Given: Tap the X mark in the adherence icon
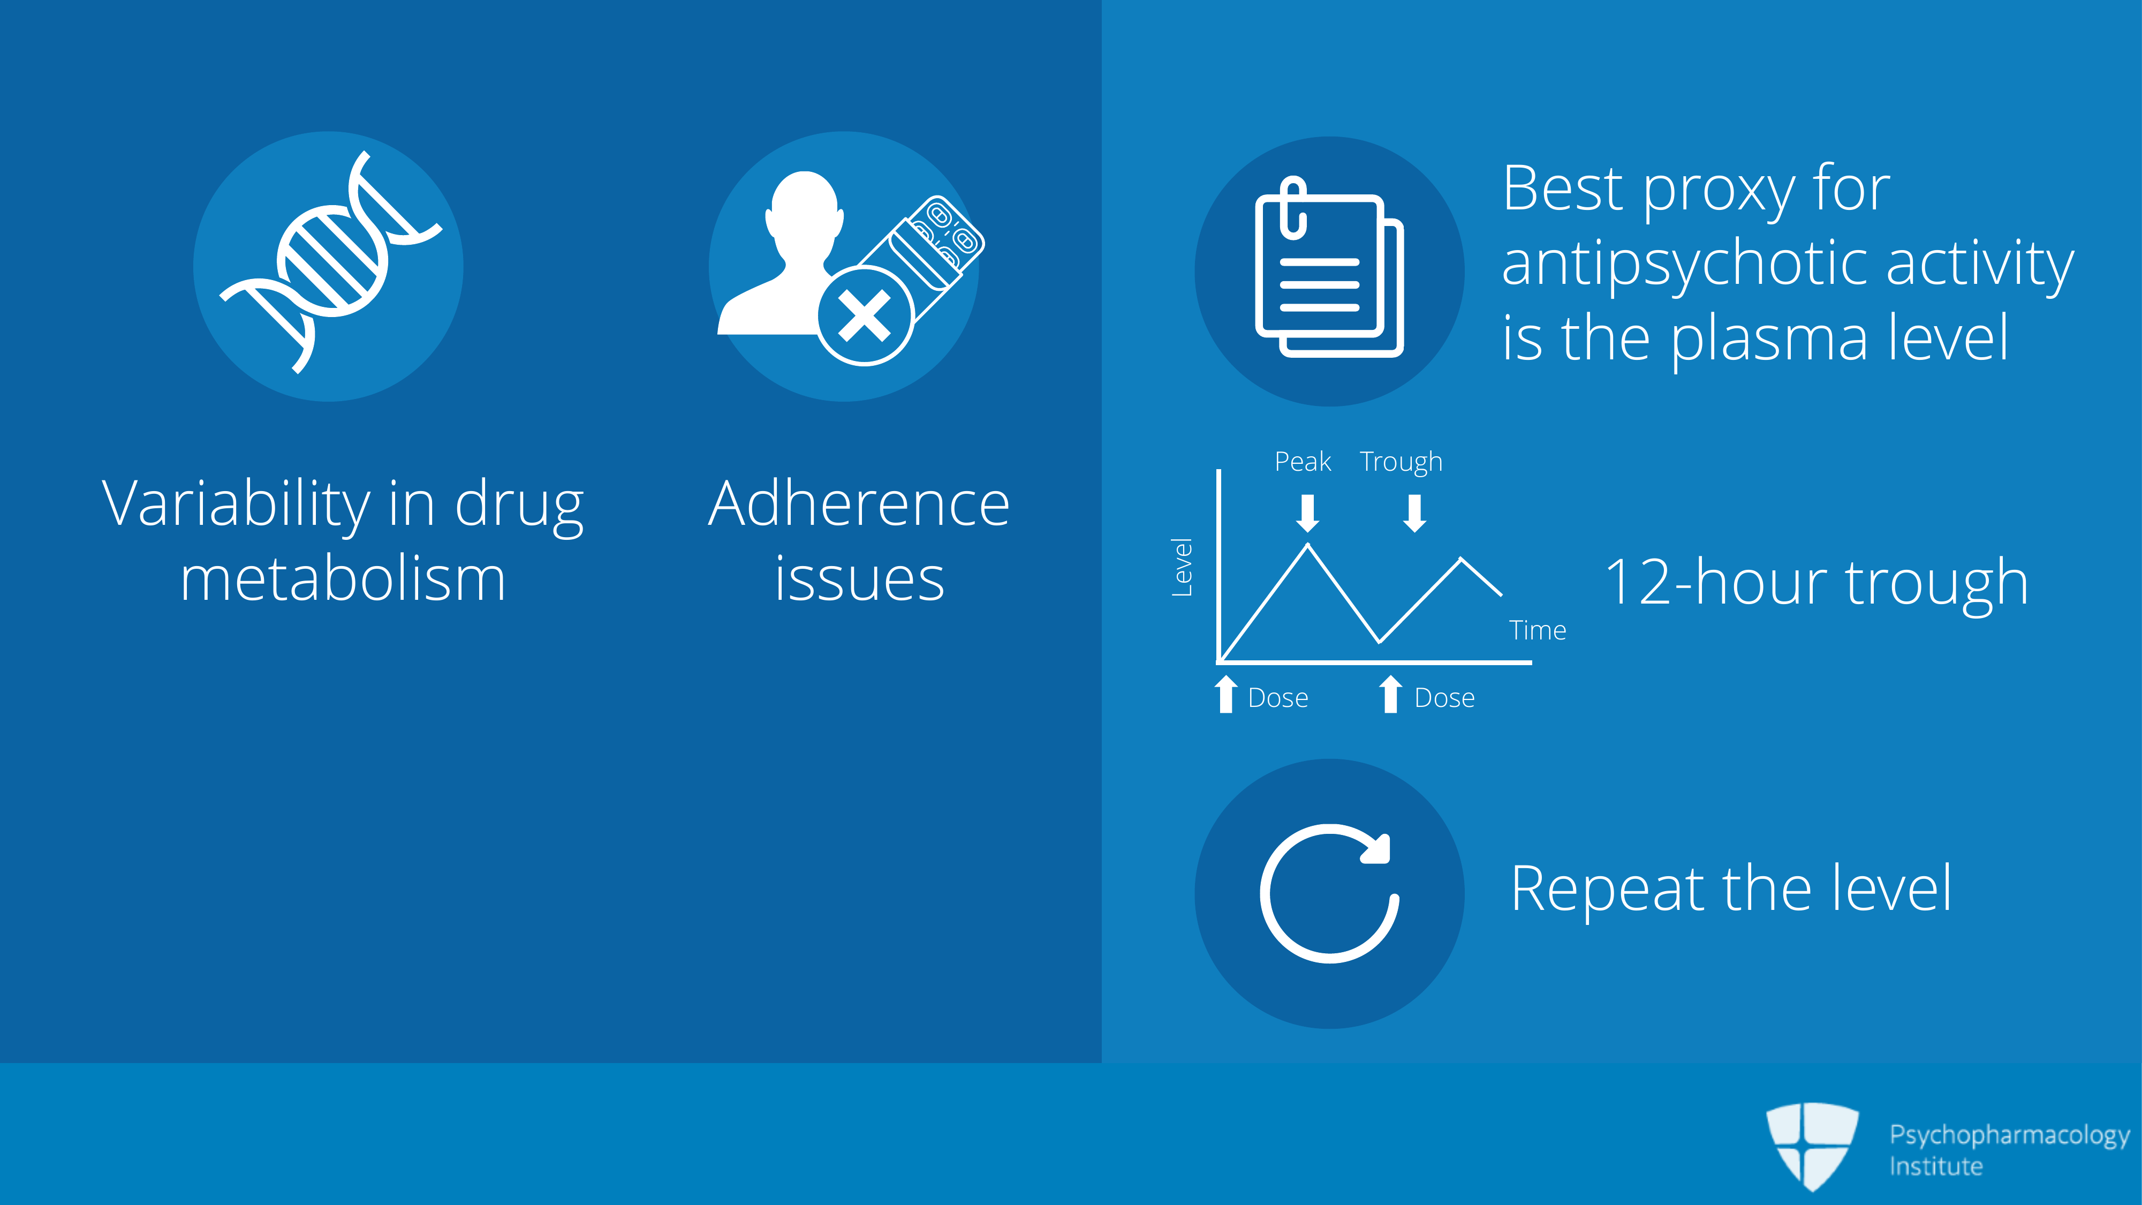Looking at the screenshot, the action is [x=865, y=316].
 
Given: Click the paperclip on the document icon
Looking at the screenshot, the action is [x=1293, y=208].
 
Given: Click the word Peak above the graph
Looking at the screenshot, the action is [x=1303, y=462].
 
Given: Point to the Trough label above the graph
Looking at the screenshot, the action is [x=1401, y=462].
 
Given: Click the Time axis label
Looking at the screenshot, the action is [x=1538, y=630].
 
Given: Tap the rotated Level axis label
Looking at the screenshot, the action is [x=1182, y=567].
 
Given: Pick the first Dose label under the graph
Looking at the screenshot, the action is [x=1278, y=698].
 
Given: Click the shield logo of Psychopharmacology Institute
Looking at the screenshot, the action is [x=1813, y=1146].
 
